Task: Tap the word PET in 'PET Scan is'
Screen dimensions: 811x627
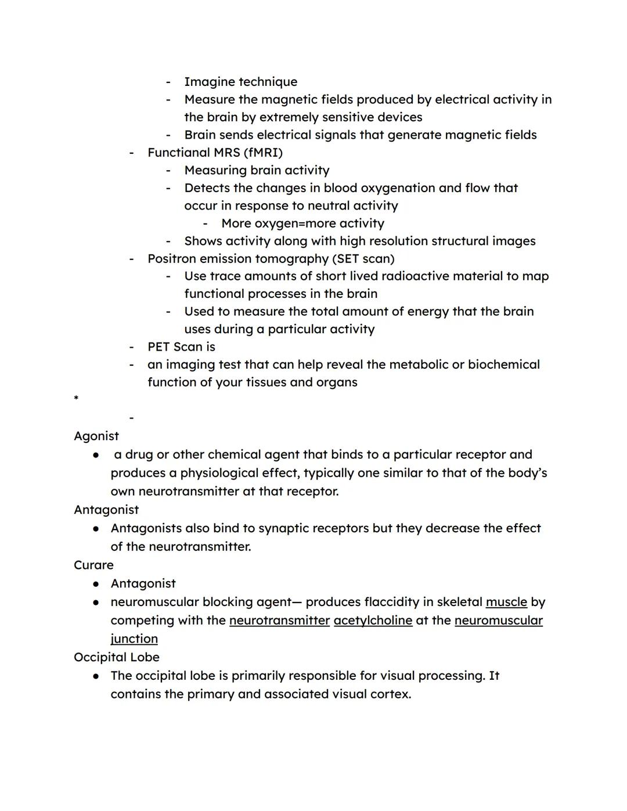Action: click(x=158, y=347)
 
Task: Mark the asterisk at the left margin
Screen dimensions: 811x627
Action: click(x=76, y=399)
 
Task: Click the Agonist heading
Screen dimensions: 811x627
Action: click(x=96, y=436)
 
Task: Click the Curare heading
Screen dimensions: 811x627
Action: click(x=93, y=565)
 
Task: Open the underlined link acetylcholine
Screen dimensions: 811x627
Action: click(x=373, y=621)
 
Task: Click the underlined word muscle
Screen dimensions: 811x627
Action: click(x=506, y=602)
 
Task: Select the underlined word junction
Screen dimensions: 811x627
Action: click(x=134, y=639)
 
